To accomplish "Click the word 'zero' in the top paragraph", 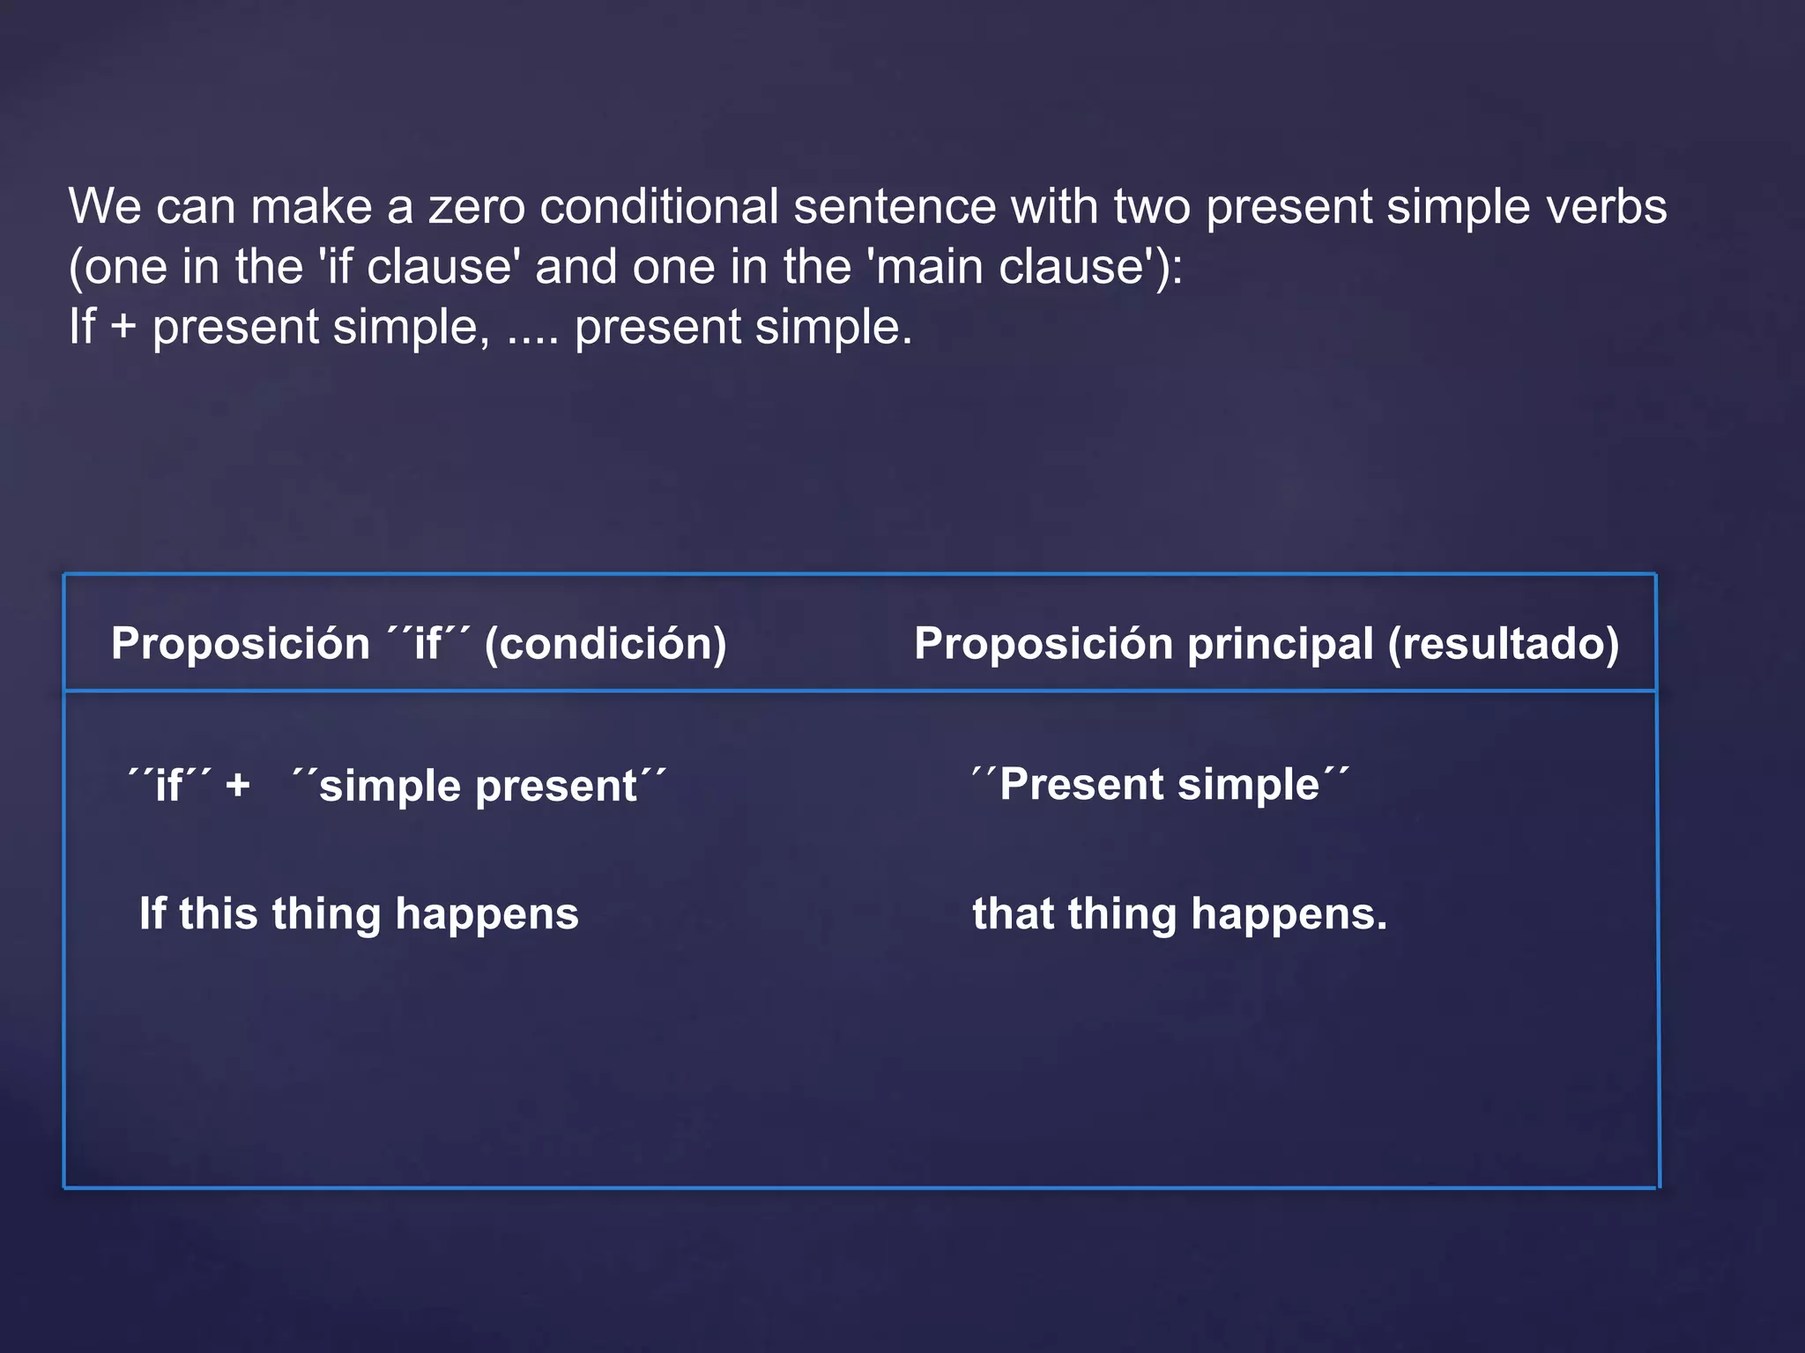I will click(476, 207).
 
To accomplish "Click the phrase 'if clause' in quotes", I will click(419, 267).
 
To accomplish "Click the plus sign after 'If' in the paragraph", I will click(123, 328).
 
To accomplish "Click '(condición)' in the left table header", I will click(605, 644).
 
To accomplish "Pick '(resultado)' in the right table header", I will click(1504, 644).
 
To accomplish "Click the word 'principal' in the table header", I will click(1280, 644).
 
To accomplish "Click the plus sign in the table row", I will click(237, 785).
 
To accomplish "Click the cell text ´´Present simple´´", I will click(1160, 784).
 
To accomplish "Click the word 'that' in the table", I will click(1013, 913).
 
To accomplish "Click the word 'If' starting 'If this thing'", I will click(152, 913).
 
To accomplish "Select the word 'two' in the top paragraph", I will click(1152, 207).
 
